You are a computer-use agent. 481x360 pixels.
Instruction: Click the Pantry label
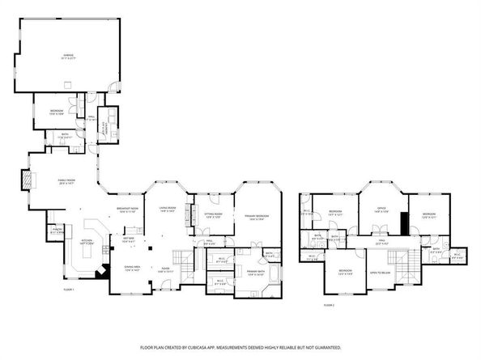[57, 231]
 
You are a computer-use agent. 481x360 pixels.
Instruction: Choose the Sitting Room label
[214, 214]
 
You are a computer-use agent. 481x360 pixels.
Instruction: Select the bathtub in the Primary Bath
[270, 279]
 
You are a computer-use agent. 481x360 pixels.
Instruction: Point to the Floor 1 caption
[69, 289]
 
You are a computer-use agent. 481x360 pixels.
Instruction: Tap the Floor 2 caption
[329, 305]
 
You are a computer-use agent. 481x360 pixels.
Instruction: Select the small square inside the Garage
[69, 83]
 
